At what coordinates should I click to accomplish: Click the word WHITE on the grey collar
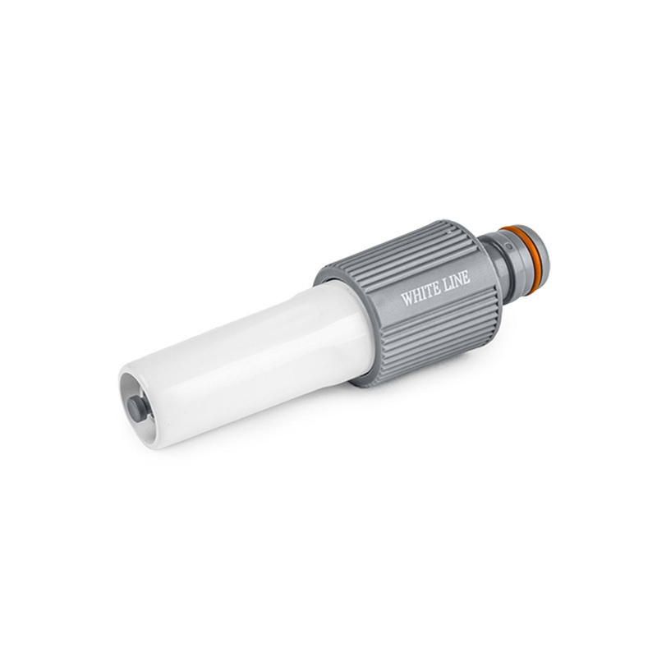(420, 293)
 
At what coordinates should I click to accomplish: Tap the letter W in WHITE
(407, 297)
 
